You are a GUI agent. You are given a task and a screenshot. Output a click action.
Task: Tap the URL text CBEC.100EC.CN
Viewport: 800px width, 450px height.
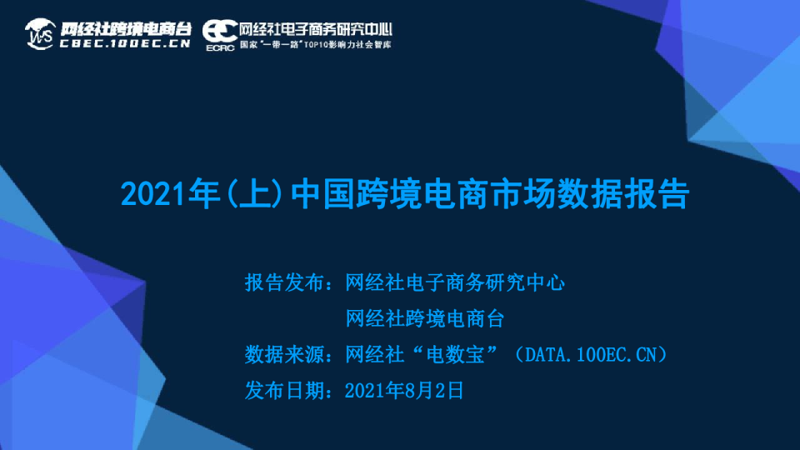(125, 44)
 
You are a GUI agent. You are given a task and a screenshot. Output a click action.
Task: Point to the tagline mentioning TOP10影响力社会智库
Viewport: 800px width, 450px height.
(316, 43)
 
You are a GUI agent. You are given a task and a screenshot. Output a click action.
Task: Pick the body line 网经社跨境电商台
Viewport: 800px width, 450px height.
(424, 318)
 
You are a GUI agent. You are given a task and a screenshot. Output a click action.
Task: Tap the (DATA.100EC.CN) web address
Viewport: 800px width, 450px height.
(591, 354)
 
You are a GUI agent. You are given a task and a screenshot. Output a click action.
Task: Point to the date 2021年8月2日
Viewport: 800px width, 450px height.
(403, 390)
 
